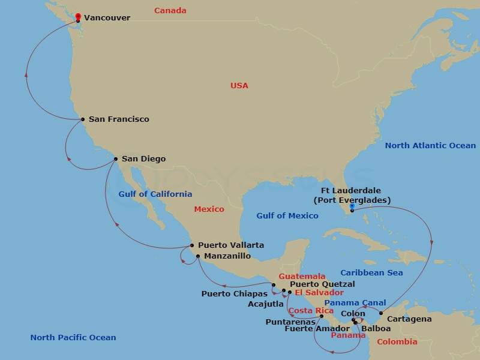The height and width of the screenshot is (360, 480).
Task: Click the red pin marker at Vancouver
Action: [x=78, y=17]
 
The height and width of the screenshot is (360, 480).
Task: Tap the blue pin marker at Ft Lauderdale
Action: [x=352, y=207]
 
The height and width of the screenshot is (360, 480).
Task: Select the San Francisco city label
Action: [x=119, y=119]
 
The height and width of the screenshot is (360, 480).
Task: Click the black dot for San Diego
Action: [x=116, y=159]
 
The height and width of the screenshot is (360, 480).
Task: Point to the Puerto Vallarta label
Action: [x=231, y=245]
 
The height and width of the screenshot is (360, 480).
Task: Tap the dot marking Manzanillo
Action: [x=198, y=256]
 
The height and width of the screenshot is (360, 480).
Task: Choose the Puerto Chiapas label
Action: [x=235, y=294]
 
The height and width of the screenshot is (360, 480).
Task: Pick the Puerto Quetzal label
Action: [x=322, y=284]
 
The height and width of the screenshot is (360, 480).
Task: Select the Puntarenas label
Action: [x=290, y=322]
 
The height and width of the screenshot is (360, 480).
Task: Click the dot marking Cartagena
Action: [x=381, y=313]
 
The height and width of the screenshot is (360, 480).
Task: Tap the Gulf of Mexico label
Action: [x=287, y=216]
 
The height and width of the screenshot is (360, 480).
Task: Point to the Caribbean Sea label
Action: [x=372, y=273]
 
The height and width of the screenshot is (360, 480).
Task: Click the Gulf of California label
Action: [x=155, y=194]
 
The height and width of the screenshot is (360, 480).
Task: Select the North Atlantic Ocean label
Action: [x=430, y=145]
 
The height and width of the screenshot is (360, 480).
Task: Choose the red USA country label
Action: [x=239, y=86]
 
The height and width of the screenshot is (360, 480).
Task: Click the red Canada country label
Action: [x=170, y=11]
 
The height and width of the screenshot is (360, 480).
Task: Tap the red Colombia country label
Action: [x=397, y=342]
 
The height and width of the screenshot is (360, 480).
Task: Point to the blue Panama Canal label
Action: [x=355, y=303]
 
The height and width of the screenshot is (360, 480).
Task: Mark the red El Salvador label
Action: [x=319, y=293]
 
